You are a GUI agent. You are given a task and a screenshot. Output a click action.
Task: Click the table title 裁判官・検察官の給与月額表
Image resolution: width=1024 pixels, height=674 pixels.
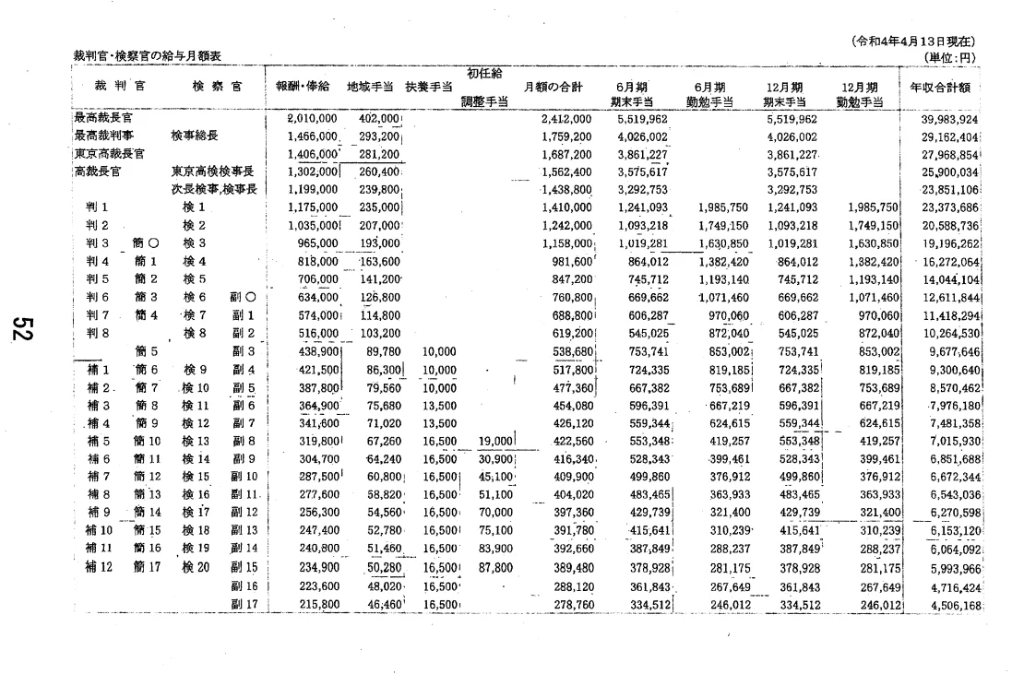[x=148, y=57]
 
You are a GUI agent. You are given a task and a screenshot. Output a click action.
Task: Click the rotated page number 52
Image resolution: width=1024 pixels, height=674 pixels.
[x=26, y=328]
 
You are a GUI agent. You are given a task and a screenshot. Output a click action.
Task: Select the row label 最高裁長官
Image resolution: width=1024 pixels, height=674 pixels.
[x=102, y=119]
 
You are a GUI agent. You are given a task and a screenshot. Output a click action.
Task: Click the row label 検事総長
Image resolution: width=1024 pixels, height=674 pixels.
[x=195, y=136]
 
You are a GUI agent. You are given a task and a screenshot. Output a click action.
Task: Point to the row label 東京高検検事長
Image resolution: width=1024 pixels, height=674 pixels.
[x=213, y=171]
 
